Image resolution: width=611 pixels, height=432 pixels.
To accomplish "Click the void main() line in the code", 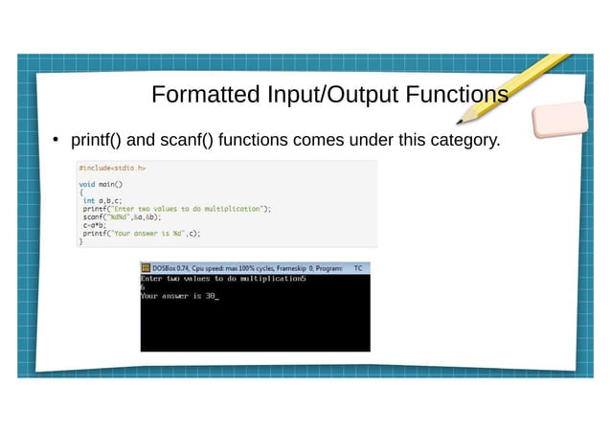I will [101, 184].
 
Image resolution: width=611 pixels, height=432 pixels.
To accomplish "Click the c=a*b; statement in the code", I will [93, 224].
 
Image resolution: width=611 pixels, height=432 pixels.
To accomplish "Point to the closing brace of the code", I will [80, 241].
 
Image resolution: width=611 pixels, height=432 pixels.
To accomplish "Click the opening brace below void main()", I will [80, 192].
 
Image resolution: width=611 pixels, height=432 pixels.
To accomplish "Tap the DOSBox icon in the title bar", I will [146, 269].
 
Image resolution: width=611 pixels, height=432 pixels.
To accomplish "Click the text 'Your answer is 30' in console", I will [178, 297].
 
